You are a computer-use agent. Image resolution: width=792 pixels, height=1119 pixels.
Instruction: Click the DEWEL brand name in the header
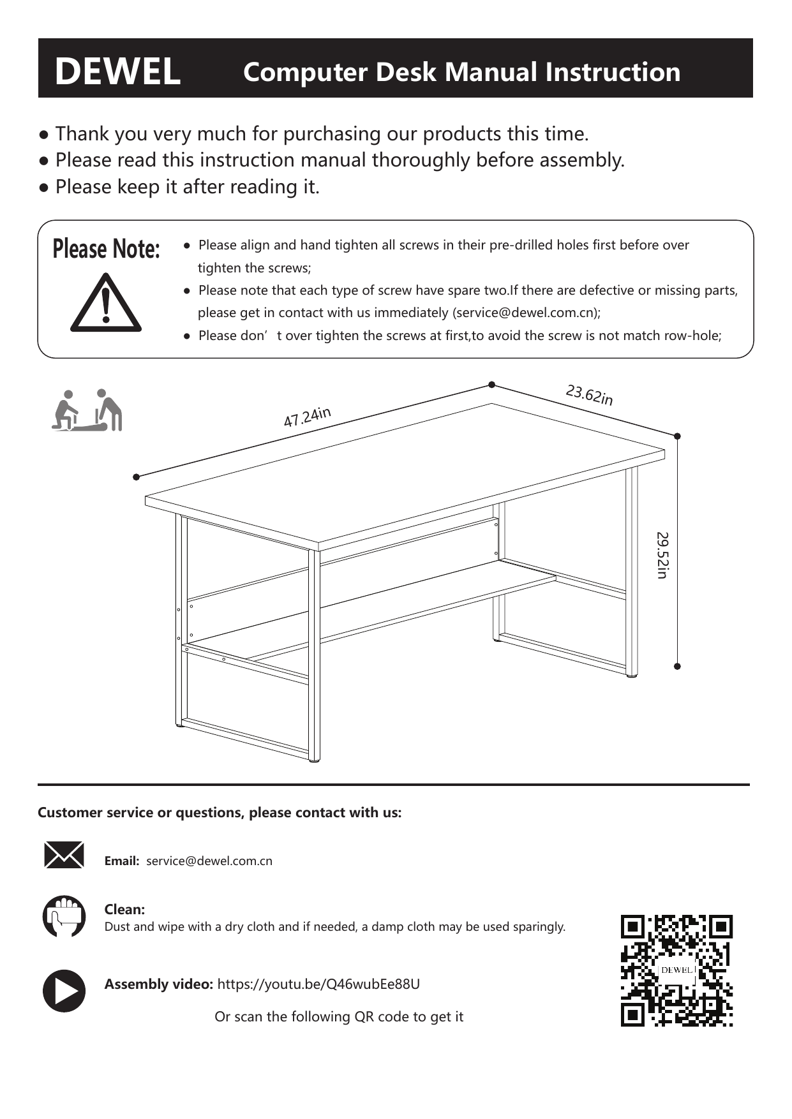pyautogui.click(x=117, y=71)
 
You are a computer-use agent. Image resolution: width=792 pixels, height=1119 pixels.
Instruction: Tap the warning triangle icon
pyautogui.click(x=105, y=304)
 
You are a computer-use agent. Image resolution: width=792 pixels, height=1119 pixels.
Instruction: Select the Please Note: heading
pyautogui.click(x=106, y=249)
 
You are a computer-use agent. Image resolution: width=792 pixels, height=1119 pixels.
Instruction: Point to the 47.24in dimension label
pyautogui.click(x=307, y=417)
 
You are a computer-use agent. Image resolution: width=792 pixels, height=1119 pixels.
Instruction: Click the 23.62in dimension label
pyautogui.click(x=589, y=395)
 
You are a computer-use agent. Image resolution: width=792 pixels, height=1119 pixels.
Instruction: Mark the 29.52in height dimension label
pyautogui.click(x=662, y=555)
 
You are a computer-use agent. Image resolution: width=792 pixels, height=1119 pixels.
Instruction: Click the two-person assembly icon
pyautogui.click(x=87, y=410)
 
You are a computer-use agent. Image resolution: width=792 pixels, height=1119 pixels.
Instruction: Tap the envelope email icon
pyautogui.click(x=64, y=855)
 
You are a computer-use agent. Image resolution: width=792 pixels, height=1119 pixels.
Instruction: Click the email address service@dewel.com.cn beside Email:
pyautogui.click(x=209, y=861)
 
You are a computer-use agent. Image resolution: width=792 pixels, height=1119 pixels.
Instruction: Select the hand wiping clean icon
pyautogui.click(x=64, y=916)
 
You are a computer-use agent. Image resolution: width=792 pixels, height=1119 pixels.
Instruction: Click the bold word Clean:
pyautogui.click(x=124, y=909)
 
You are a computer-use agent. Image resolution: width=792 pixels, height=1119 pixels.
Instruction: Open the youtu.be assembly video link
pyautogui.click(x=318, y=984)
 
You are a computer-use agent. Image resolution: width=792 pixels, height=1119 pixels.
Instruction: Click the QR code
pyautogui.click(x=676, y=970)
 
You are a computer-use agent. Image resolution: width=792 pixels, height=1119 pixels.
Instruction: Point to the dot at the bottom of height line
pyautogui.click(x=677, y=666)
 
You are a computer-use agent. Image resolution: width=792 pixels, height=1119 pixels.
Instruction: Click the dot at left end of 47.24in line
pyautogui.click(x=136, y=477)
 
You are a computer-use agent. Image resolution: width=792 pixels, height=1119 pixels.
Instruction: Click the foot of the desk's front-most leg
pyautogui.click(x=314, y=760)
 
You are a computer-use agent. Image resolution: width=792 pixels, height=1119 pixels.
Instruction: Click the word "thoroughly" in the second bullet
pyautogui.click(x=421, y=159)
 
